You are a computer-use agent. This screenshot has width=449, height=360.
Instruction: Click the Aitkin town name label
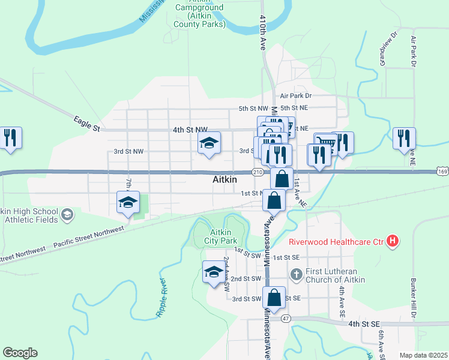(x=225, y=179)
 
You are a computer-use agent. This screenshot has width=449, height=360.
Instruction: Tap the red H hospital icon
(x=393, y=242)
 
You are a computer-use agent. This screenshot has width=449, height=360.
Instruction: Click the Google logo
(x=20, y=353)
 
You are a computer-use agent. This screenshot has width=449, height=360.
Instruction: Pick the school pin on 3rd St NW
(x=209, y=143)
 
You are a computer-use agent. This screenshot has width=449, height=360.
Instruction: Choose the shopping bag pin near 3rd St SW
(x=274, y=298)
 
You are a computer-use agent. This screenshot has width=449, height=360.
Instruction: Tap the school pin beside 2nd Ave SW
(x=214, y=273)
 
